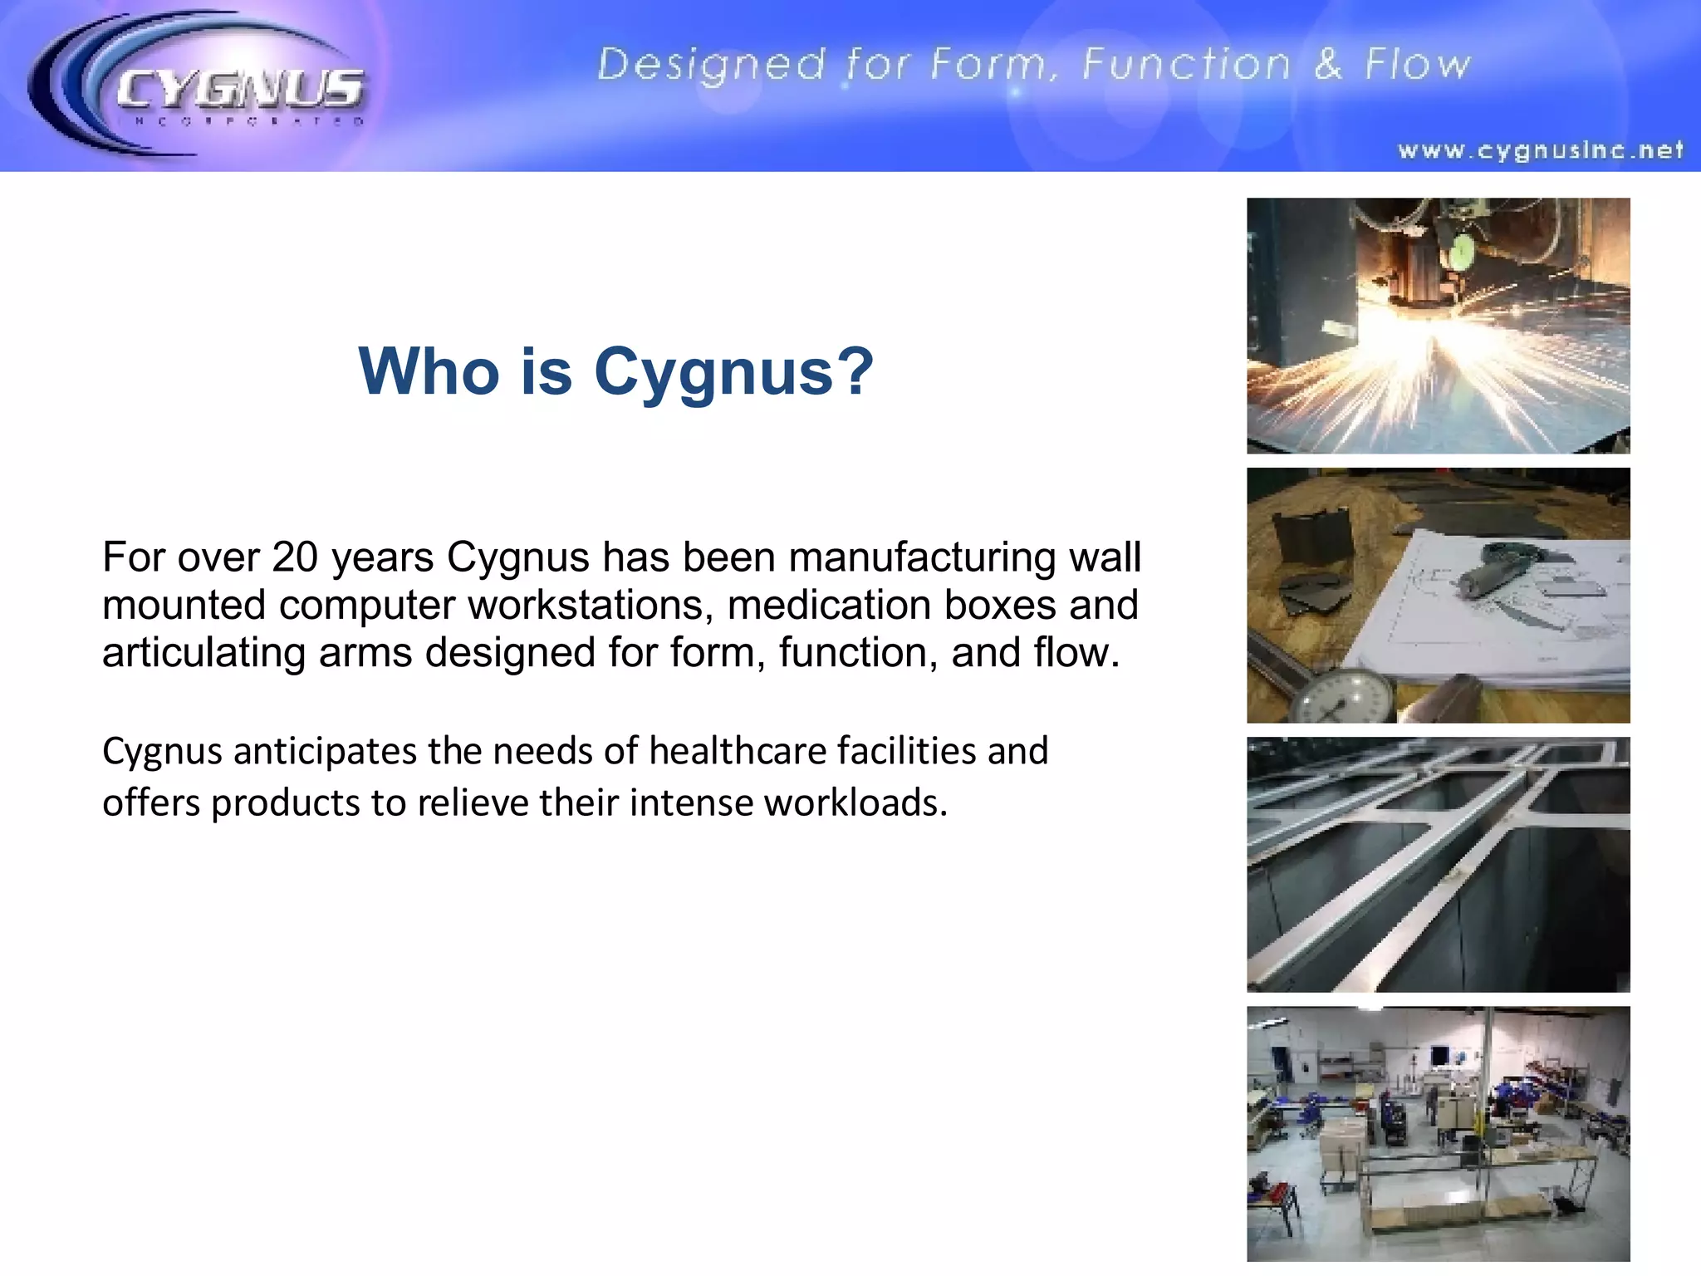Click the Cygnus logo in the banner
point(199,87)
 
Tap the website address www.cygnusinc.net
point(1541,150)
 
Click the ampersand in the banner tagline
point(1328,64)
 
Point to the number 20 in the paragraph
point(295,557)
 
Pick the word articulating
point(203,653)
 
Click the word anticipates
point(325,751)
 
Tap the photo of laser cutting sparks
point(1438,326)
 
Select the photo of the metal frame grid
point(1438,864)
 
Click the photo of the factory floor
point(1438,1133)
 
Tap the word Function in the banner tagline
point(1187,64)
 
